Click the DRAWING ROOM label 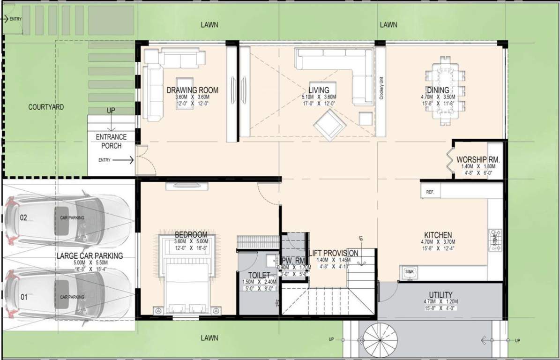point(192,90)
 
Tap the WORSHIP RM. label point(478,159)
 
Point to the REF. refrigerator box point(430,192)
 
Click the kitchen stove point(495,240)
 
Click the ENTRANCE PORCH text point(112,141)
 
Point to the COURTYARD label point(46,107)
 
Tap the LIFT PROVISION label point(334,253)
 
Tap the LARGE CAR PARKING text point(90,256)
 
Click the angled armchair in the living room point(330,125)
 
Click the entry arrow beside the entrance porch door point(123,160)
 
